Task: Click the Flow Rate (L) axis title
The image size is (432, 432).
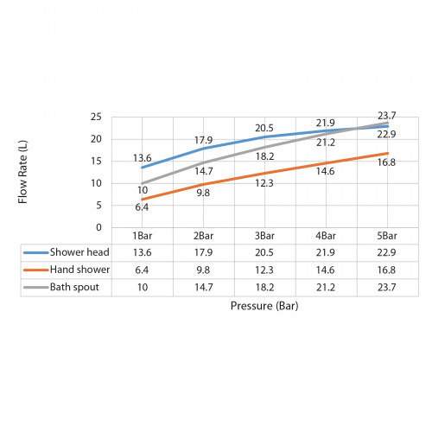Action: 22,172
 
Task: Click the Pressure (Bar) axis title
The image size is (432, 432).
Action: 264,306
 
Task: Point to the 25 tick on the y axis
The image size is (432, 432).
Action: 96,117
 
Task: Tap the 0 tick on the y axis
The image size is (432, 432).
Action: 98,227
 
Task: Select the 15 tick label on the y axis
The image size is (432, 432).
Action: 96,161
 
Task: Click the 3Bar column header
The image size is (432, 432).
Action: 264,236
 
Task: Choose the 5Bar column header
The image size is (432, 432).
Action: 387,236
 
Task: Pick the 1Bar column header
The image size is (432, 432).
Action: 143,236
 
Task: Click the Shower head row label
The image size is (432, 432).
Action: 79,252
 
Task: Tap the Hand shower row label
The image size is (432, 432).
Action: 79,270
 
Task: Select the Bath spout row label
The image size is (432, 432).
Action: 74,287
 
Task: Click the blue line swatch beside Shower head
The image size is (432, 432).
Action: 36,253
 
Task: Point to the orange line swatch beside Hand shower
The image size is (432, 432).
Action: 36,270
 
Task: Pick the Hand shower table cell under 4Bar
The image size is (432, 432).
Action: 326,270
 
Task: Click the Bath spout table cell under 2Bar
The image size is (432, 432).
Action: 204,288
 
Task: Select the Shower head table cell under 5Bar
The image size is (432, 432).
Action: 386,252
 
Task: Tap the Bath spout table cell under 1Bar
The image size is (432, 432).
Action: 143,288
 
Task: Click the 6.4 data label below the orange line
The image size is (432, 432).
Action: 142,207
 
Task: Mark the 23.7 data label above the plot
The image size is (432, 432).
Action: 387,116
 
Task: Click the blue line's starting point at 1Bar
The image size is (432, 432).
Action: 143,168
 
